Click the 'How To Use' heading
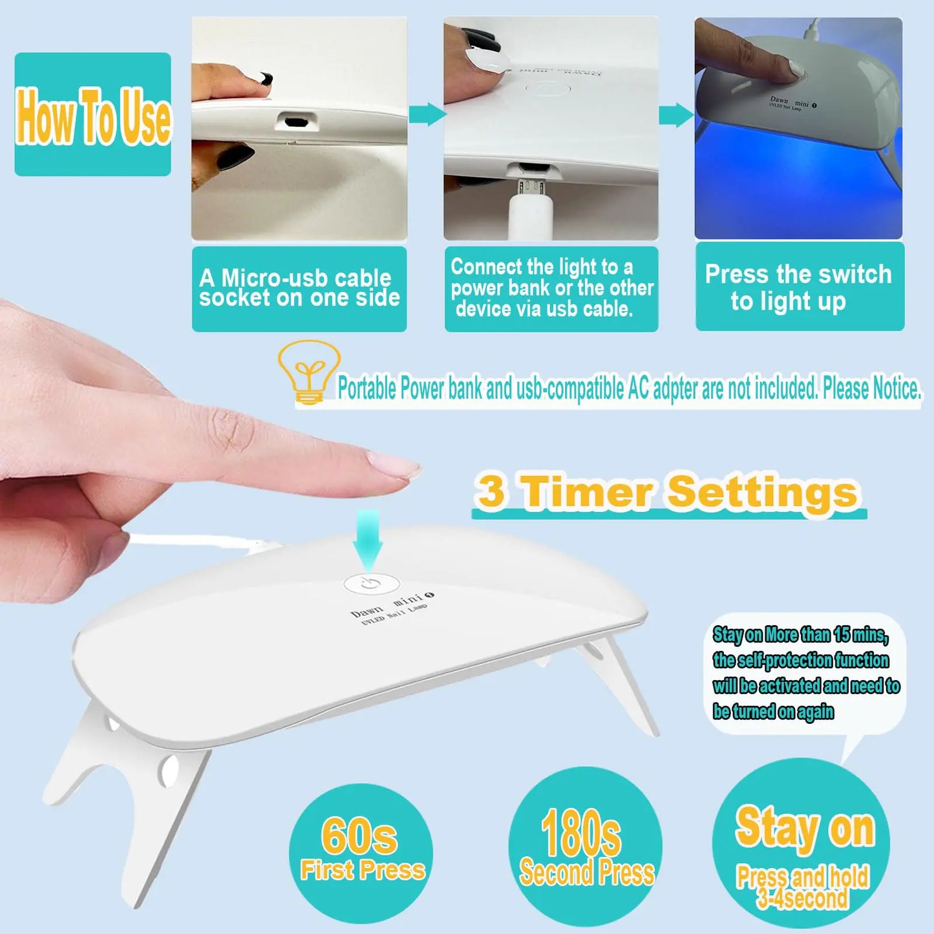[x=93, y=115]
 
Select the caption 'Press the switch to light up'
[x=799, y=287]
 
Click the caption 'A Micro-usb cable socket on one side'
[x=299, y=288]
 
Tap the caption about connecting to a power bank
[x=551, y=288]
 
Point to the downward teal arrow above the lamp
[x=368, y=539]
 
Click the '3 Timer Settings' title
[x=668, y=493]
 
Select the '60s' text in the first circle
[x=359, y=836]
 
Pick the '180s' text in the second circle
[x=581, y=834]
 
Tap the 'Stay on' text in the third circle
[x=805, y=828]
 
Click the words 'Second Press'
[x=587, y=873]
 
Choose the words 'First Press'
[x=363, y=870]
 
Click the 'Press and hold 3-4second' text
[x=803, y=887]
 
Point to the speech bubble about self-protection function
[x=805, y=673]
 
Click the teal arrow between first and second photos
[x=426, y=114]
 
